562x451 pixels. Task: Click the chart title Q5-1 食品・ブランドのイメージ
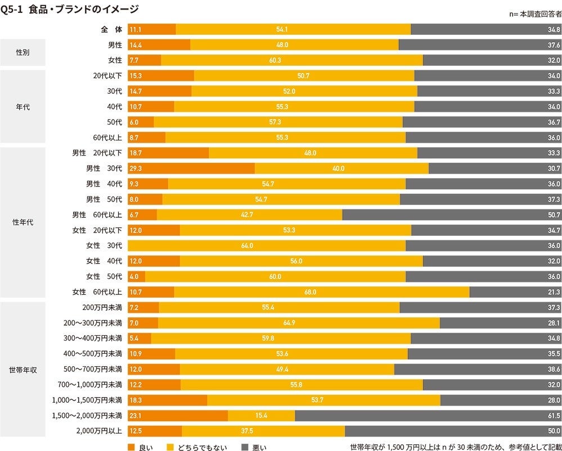point(70,9)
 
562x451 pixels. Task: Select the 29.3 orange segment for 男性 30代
point(191,168)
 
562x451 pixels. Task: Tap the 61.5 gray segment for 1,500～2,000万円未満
point(428,415)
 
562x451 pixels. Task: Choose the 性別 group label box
point(23,52)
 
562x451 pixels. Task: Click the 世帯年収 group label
point(23,369)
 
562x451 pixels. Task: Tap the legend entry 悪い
point(254,447)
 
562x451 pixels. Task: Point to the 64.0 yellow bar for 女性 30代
point(266,245)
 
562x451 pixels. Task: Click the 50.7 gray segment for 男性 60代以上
point(451,215)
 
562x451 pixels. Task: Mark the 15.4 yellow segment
point(261,415)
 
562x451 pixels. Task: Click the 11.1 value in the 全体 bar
point(135,29)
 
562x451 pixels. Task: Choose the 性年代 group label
point(23,222)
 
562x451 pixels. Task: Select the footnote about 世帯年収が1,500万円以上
point(455,447)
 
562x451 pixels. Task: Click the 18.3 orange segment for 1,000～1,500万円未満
point(167,400)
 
